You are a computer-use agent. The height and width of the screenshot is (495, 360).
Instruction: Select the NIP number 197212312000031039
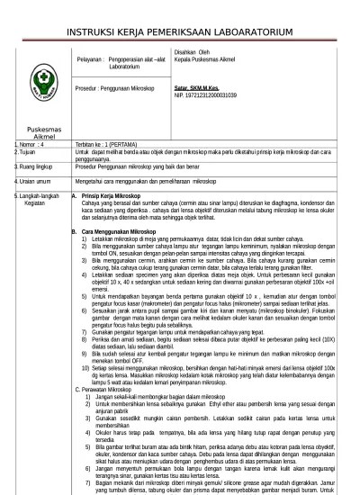[x=205, y=94]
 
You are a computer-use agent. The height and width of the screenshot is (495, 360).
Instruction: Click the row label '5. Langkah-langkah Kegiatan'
[x=33, y=197]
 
